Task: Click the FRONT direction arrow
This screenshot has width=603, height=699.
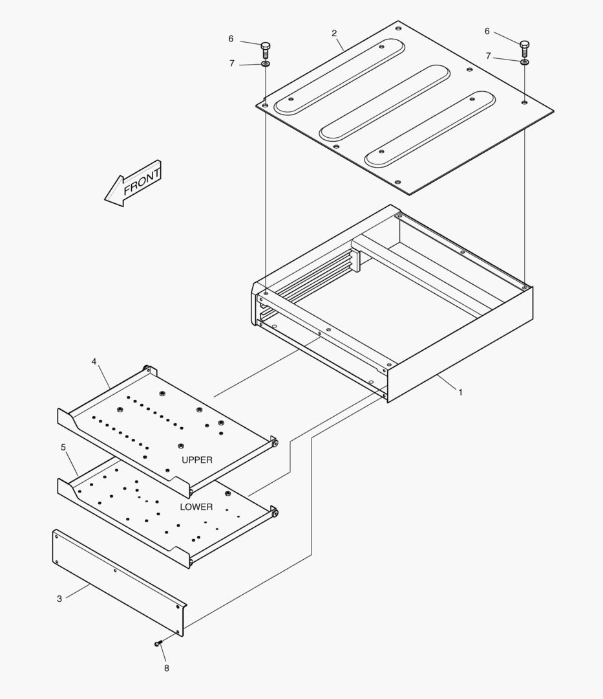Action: click(134, 184)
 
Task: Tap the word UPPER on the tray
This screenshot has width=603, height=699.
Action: click(197, 460)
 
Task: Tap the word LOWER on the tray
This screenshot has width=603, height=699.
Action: click(196, 507)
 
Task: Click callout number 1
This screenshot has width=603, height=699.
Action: click(460, 392)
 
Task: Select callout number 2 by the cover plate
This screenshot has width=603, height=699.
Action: click(334, 33)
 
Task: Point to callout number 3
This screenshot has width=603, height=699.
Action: click(59, 599)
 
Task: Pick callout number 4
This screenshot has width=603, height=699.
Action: click(94, 362)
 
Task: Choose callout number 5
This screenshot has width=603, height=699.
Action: click(63, 447)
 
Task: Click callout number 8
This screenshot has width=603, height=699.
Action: click(166, 668)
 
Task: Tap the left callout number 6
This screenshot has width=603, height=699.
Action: click(231, 39)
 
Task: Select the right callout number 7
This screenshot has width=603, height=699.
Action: click(488, 56)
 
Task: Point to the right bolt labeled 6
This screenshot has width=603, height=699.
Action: click(524, 47)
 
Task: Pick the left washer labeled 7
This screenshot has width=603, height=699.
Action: click(266, 64)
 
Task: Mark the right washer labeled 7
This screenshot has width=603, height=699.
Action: click(524, 62)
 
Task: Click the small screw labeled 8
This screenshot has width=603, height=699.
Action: click(159, 643)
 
